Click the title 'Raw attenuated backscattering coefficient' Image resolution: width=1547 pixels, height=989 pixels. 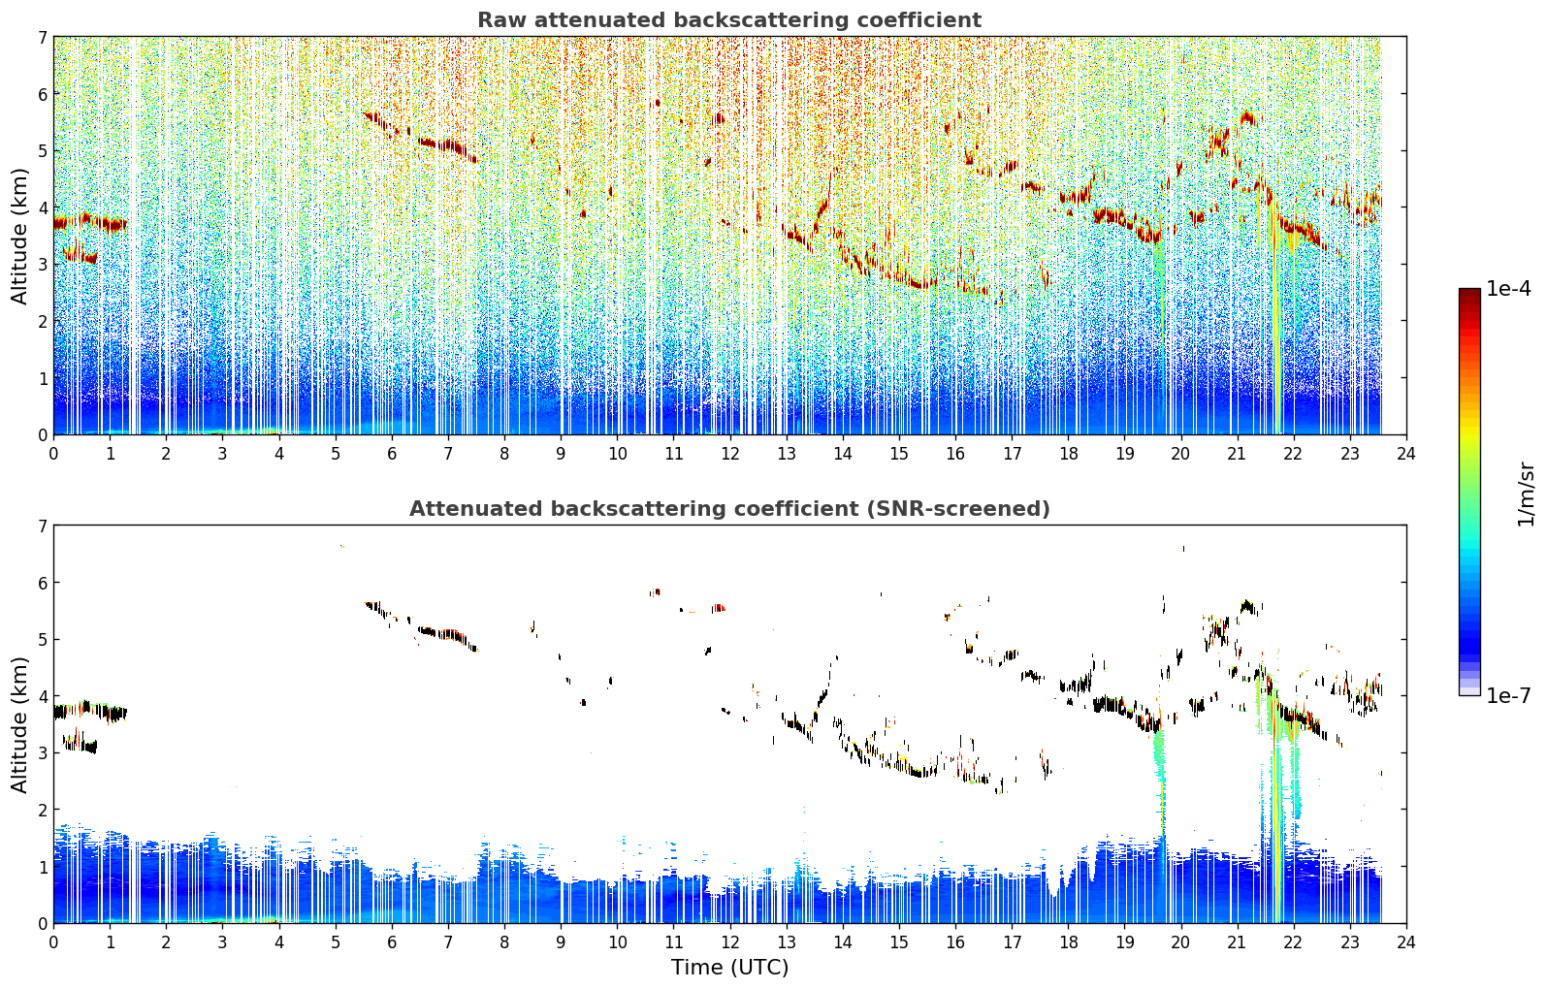729,20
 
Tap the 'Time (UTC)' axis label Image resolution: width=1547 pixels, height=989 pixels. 729,968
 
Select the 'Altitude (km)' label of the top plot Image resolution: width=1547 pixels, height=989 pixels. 19,237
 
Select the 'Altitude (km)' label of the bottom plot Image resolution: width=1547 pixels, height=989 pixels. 19,725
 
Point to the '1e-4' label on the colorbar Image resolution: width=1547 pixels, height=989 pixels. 1508,289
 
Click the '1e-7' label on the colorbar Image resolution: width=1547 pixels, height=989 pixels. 1508,695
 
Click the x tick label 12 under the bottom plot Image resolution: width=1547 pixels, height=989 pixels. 730,942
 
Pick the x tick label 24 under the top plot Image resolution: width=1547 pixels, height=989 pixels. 1406,454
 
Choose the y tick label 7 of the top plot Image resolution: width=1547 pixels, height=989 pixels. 43,37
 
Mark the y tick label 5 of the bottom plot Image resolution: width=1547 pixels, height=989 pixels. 43,640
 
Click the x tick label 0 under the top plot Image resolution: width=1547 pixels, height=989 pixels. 54,454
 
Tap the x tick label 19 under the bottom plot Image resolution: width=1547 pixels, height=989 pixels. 1125,942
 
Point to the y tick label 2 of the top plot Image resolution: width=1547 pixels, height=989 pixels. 43,321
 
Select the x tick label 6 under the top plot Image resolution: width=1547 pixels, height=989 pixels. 392,454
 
